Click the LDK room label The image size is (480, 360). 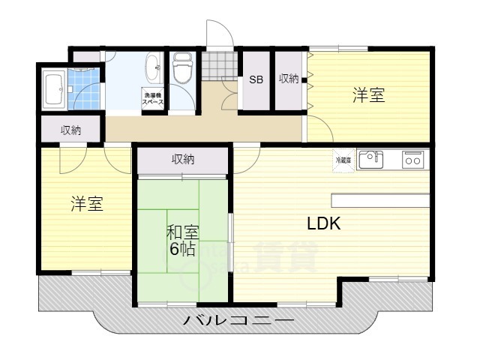(323, 223)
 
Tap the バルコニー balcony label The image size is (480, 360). (238, 322)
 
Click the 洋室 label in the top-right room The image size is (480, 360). (369, 95)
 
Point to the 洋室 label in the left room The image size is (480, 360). (87, 204)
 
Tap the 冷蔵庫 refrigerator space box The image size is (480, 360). (342, 159)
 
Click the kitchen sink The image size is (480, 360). (371, 159)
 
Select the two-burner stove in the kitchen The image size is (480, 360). (412, 159)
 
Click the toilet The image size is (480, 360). (182, 71)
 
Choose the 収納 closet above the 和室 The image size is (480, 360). (182, 160)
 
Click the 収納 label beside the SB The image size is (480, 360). (289, 79)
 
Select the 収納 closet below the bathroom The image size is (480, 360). (71, 130)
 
